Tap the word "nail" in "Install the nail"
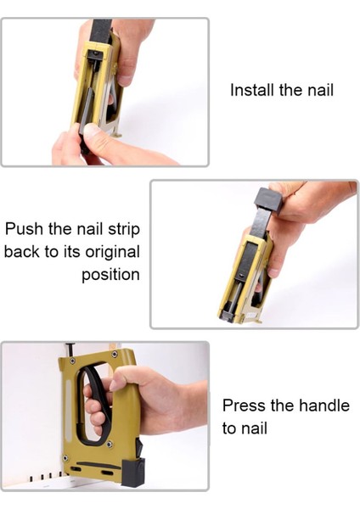(x=321, y=90)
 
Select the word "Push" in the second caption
(x=25, y=229)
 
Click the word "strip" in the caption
(x=124, y=230)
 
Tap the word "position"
(x=110, y=275)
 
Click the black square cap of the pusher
(x=268, y=200)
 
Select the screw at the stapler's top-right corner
(x=114, y=354)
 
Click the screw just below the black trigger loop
(x=110, y=444)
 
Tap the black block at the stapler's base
(x=133, y=473)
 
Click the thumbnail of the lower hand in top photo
(x=90, y=131)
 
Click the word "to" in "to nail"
(x=228, y=428)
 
